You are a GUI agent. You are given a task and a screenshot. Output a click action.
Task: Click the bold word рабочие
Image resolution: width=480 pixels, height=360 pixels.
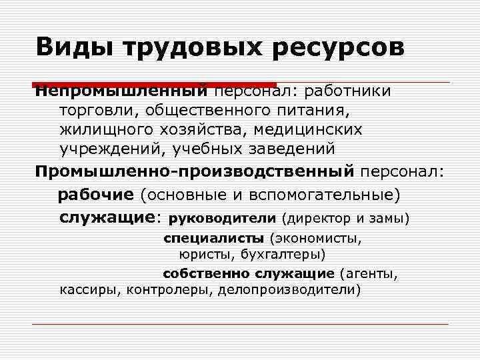pos(96,195)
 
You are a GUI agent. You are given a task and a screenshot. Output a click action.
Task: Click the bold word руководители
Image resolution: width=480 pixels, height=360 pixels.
pos(223,218)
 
